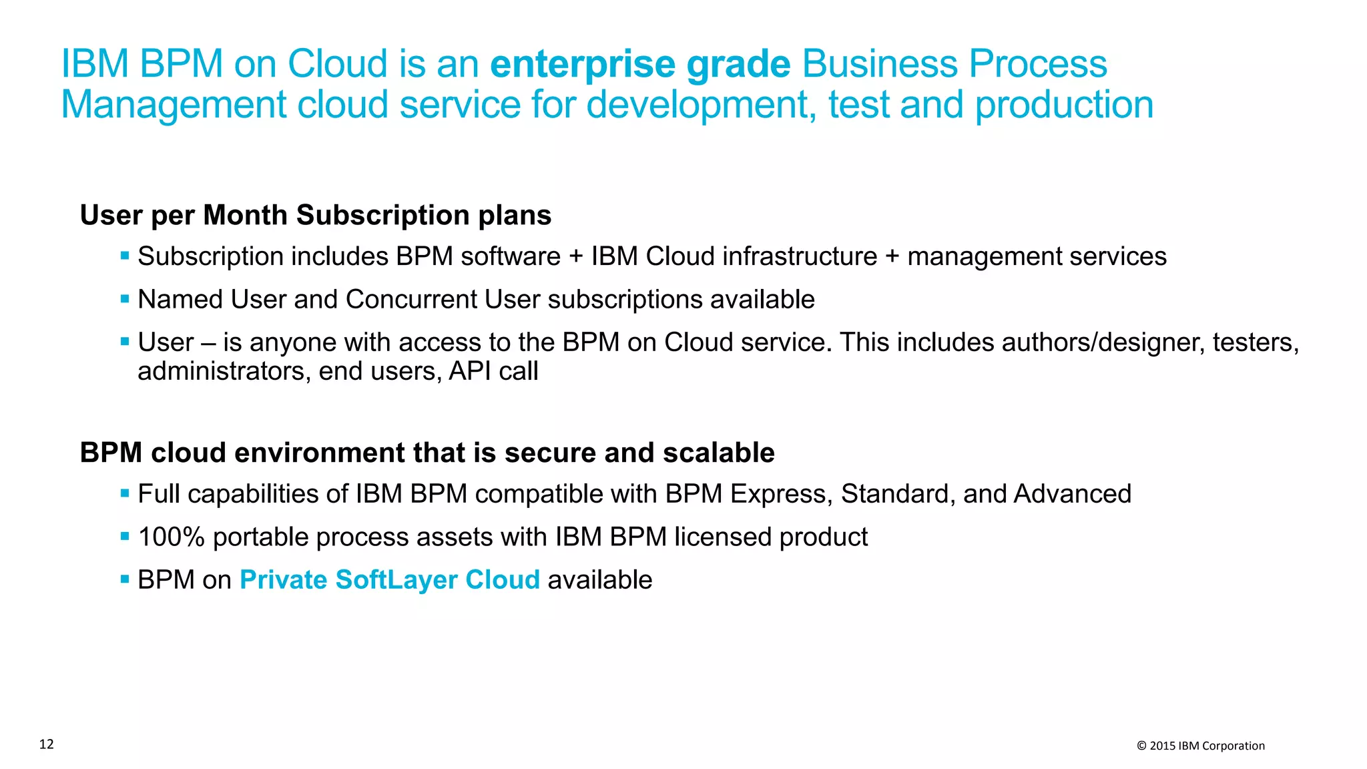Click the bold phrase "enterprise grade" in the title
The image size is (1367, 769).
pyautogui.click(x=639, y=64)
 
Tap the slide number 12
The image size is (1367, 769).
pyautogui.click(x=47, y=744)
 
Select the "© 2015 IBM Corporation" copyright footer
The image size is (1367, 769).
pyautogui.click(x=1200, y=746)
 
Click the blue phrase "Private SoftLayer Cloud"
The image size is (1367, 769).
pyautogui.click(x=389, y=579)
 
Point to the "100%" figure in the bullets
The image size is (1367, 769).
pyautogui.click(x=171, y=537)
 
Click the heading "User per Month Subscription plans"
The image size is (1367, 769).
pyautogui.click(x=316, y=215)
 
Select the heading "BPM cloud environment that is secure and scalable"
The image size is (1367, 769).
pyautogui.click(x=427, y=453)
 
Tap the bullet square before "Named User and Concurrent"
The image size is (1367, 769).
pyautogui.click(x=125, y=298)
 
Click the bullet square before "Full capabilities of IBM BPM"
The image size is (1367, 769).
pyautogui.click(x=125, y=493)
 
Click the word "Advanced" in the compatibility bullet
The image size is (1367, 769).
pyautogui.click(x=1072, y=494)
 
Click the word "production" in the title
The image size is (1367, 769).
pyautogui.click(x=1064, y=105)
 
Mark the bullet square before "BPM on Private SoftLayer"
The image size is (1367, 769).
pyautogui.click(x=125, y=579)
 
